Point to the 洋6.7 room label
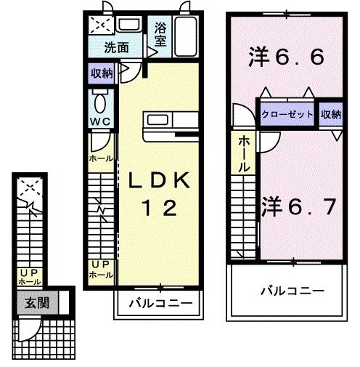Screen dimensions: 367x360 pyautogui.click(x=298, y=206)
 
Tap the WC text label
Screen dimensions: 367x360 pyautogui.click(x=100, y=121)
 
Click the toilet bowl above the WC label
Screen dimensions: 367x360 pyautogui.click(x=100, y=100)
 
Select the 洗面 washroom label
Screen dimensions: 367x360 pyautogui.click(x=115, y=49)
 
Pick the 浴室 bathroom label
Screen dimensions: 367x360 pyautogui.click(x=161, y=35)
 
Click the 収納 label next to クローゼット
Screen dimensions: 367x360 pyautogui.click(x=331, y=115)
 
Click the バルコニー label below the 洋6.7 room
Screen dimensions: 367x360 pyautogui.click(x=292, y=290)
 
